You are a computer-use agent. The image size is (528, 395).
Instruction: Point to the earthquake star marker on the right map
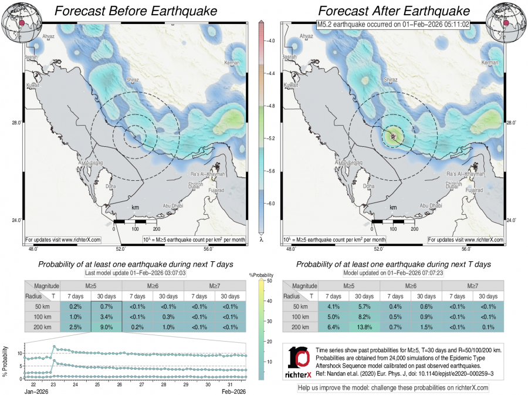[x=392, y=136]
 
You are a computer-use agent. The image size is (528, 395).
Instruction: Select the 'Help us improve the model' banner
[x=393, y=388]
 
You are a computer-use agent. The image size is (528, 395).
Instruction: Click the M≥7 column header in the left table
[x=215, y=285]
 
